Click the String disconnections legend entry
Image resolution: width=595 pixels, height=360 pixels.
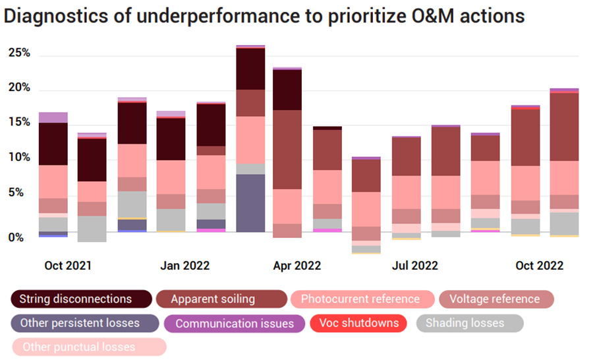tap(82, 299)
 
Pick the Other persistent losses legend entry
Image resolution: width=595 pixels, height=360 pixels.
tap(84, 323)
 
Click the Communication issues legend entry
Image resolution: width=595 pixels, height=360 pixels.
tap(235, 324)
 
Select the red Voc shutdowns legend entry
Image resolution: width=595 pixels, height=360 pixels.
tap(358, 323)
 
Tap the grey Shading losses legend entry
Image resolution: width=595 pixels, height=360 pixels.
tap(468, 323)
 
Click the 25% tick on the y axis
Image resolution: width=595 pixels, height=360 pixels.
tap(19, 53)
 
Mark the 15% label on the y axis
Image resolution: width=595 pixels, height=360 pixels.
tap(19, 123)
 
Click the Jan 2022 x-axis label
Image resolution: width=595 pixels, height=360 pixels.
tap(184, 266)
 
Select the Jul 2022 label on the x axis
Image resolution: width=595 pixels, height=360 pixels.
tap(415, 266)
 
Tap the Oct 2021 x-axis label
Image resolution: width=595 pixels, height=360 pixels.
tap(68, 266)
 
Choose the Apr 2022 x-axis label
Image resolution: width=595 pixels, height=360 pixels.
tap(297, 266)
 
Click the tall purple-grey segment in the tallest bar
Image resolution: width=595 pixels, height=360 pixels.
tap(250, 203)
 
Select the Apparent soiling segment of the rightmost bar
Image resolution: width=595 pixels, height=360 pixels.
tap(564, 127)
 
